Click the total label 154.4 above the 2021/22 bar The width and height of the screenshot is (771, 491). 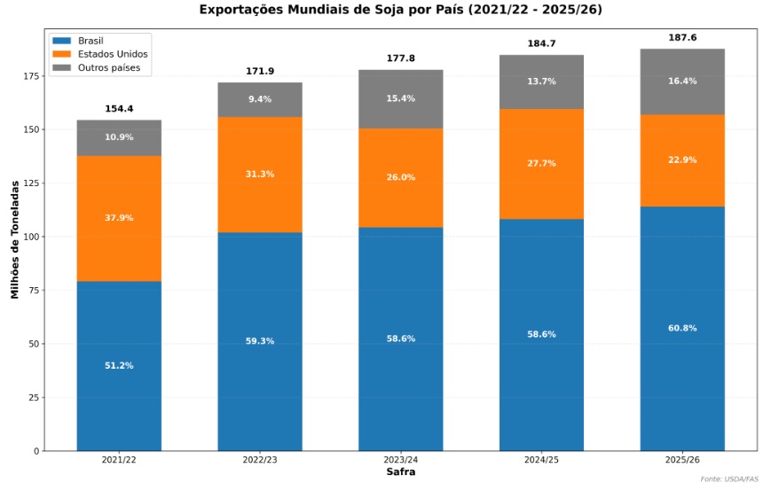119,109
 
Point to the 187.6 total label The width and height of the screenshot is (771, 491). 682,38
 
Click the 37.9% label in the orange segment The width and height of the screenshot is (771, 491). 119,218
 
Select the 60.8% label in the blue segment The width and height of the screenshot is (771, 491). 682,328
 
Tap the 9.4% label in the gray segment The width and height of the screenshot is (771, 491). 260,99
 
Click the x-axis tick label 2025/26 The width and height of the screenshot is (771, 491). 682,460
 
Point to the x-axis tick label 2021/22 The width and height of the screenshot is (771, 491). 119,460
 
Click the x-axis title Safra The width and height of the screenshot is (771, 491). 400,472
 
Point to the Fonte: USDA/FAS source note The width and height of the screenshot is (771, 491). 729,479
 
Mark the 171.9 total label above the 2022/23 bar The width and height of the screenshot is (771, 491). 260,71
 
